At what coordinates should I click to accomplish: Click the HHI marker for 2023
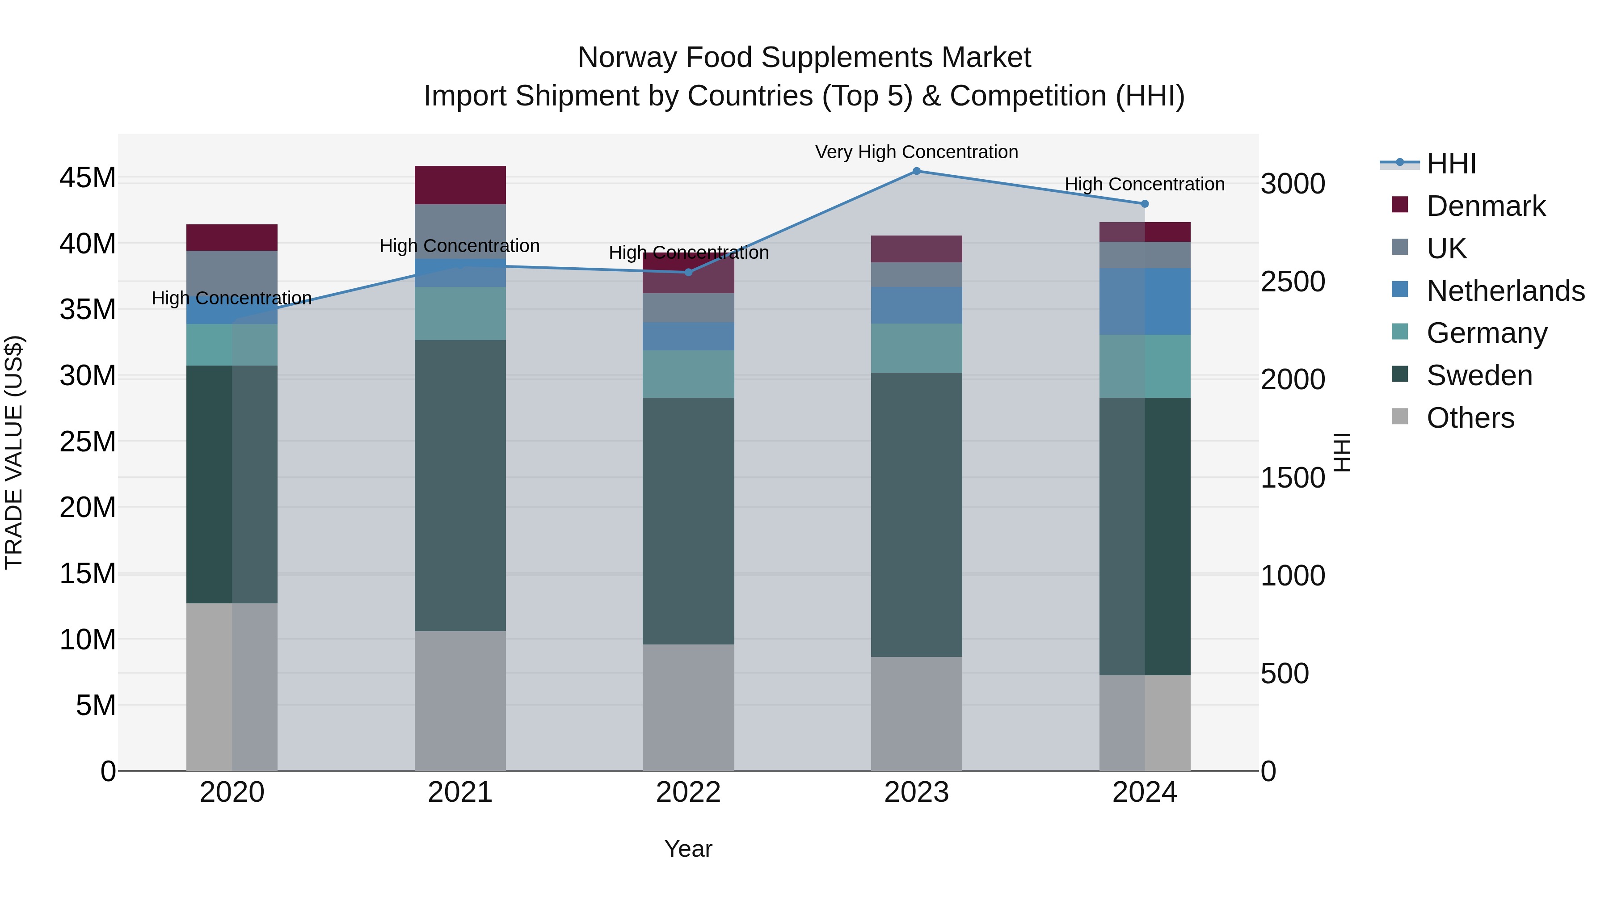[916, 171]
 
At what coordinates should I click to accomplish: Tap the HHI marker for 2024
[1144, 204]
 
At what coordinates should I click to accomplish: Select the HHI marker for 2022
[688, 272]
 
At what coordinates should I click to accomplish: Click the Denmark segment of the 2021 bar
[460, 185]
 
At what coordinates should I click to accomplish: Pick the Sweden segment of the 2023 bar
[916, 515]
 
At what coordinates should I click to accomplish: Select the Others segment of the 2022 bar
[688, 707]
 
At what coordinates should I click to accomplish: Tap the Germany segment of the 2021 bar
[460, 314]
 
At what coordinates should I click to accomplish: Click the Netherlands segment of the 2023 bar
[916, 305]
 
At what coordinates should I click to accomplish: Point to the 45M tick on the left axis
[88, 178]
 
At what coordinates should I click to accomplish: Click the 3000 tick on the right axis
[1292, 184]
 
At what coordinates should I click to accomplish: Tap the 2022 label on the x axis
[688, 792]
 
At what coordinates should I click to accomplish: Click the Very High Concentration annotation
[916, 152]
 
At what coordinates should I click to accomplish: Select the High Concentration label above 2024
[1144, 184]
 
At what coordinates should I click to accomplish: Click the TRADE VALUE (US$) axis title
[14, 452]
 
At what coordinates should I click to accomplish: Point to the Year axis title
[688, 849]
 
